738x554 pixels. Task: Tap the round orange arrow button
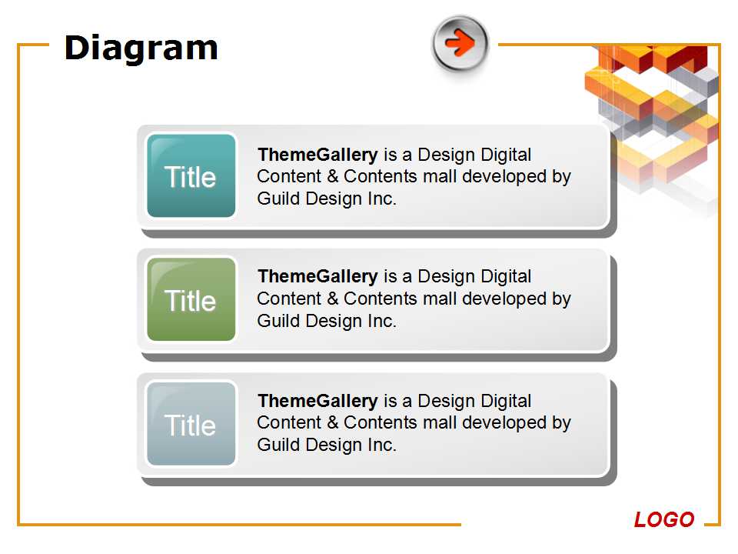[x=460, y=43]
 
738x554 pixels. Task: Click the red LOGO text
[x=663, y=519]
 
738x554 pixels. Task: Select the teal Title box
[x=191, y=175]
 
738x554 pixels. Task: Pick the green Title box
[x=191, y=299]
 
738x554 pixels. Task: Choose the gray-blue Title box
[x=191, y=423]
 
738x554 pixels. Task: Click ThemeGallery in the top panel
[x=317, y=155]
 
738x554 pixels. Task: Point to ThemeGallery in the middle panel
[x=317, y=276]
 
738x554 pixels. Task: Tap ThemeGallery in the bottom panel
[x=317, y=401]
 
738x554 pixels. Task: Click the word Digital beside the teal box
[x=504, y=155]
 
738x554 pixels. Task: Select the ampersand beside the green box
[x=333, y=299]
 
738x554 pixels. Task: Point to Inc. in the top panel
[x=382, y=199]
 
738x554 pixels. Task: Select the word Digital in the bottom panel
[x=504, y=401]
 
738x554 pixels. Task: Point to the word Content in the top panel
[x=289, y=176]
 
